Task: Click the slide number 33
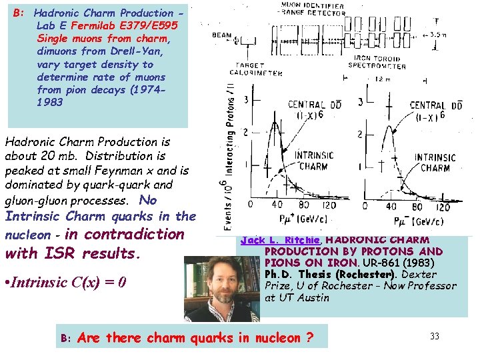click(434, 336)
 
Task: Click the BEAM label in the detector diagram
click(222, 35)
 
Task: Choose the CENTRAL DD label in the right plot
click(436, 110)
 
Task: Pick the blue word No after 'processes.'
click(149, 199)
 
